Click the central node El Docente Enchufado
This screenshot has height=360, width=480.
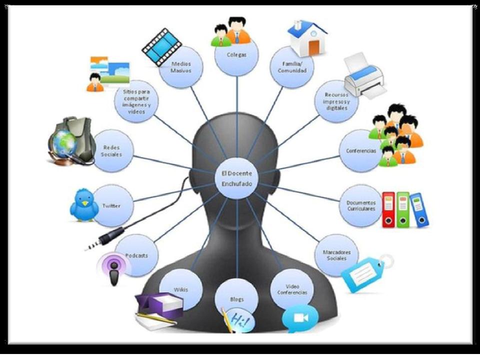[x=236, y=178]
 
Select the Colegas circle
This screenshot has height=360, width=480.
[x=236, y=54]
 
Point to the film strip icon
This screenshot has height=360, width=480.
[x=161, y=46]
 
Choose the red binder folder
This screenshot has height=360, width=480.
[x=388, y=209]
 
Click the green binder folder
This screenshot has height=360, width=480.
[x=403, y=209]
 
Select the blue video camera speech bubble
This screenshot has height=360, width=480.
[x=300, y=318]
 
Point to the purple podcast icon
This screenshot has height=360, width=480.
[x=114, y=268]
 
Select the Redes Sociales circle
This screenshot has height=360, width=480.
[x=112, y=150]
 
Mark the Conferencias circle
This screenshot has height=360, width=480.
[x=361, y=150]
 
